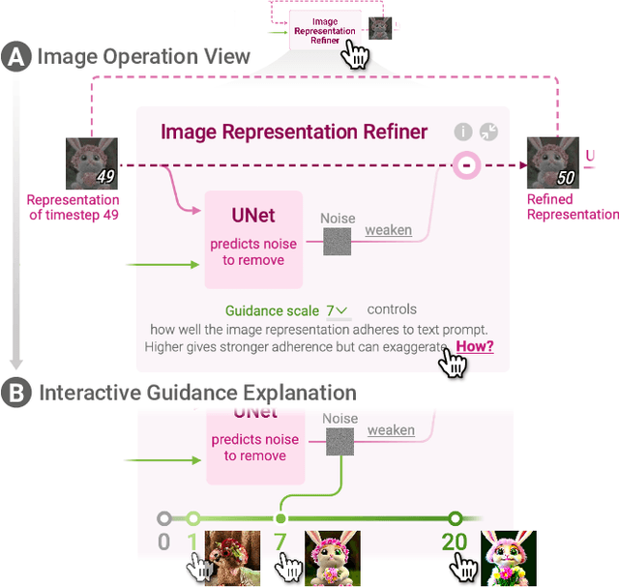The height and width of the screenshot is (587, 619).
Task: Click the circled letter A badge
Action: pos(16,57)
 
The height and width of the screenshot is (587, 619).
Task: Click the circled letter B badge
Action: pos(16,393)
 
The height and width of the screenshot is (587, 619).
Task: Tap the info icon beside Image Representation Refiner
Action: pos(464,132)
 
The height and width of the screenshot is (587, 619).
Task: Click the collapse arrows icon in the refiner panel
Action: pos(489,132)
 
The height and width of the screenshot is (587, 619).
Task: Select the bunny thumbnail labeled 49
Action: pos(91,162)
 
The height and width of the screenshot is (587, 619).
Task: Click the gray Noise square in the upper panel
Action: pos(337,242)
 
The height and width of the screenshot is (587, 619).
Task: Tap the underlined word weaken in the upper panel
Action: pos(388,230)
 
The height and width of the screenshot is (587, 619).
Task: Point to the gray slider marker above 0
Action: pos(164,518)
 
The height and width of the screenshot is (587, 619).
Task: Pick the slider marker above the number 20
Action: pos(456,518)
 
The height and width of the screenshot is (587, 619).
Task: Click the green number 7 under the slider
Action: pos(280,542)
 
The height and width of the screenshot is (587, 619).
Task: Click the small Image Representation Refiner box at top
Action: pos(324,30)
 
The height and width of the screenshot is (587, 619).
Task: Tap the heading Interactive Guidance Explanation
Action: pos(197,393)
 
